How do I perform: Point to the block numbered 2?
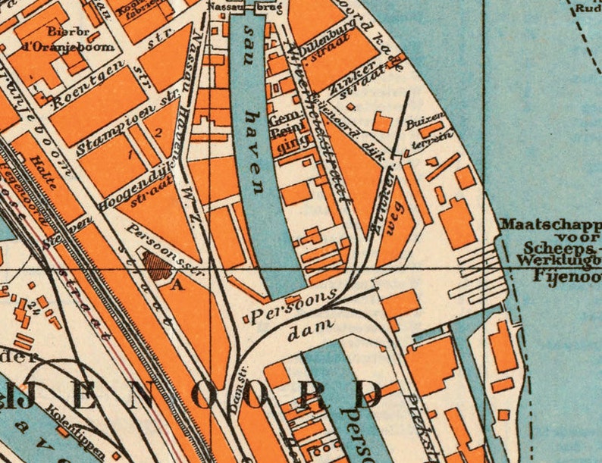tap(158, 133)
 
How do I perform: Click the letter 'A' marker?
tap(178, 285)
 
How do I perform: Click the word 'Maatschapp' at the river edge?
tap(550, 226)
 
